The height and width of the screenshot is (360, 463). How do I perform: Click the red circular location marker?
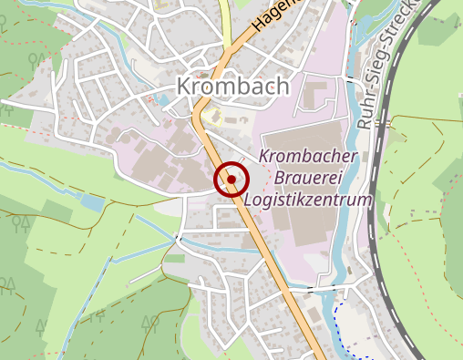coord(231,180)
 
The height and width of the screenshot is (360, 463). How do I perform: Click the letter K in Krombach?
coord(181,87)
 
